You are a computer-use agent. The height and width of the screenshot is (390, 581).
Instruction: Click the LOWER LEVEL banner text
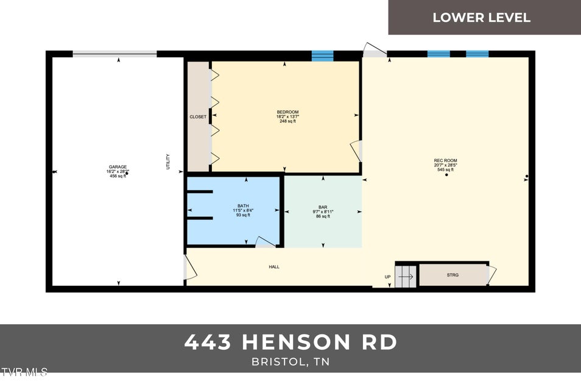coord(481,17)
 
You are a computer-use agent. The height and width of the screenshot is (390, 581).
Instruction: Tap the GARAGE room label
coord(118,166)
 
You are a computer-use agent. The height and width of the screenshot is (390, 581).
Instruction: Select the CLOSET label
coord(198,117)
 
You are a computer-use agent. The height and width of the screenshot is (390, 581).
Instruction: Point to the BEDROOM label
coord(287,112)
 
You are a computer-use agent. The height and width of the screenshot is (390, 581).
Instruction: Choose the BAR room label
coord(323,207)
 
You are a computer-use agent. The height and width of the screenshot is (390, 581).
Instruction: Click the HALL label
coord(274,267)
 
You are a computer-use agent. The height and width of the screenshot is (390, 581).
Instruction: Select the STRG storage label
coord(452,275)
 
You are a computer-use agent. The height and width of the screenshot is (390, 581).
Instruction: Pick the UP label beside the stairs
coord(387,277)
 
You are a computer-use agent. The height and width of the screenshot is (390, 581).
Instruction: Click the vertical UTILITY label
coord(168,161)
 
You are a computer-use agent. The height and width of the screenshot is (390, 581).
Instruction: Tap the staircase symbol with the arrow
coord(406,277)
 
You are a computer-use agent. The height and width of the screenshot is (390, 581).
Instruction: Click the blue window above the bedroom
coord(323,56)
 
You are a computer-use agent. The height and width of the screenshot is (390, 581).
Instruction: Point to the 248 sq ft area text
coord(287,121)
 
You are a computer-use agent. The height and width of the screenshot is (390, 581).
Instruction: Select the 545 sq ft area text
coord(445,169)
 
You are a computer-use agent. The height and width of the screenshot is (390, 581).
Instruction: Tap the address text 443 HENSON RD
coord(290,342)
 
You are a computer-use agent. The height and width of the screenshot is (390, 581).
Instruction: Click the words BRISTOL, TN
coord(290,361)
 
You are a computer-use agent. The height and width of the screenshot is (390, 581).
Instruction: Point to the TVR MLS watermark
coord(24,372)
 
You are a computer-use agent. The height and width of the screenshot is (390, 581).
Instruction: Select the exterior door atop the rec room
coord(375,51)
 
